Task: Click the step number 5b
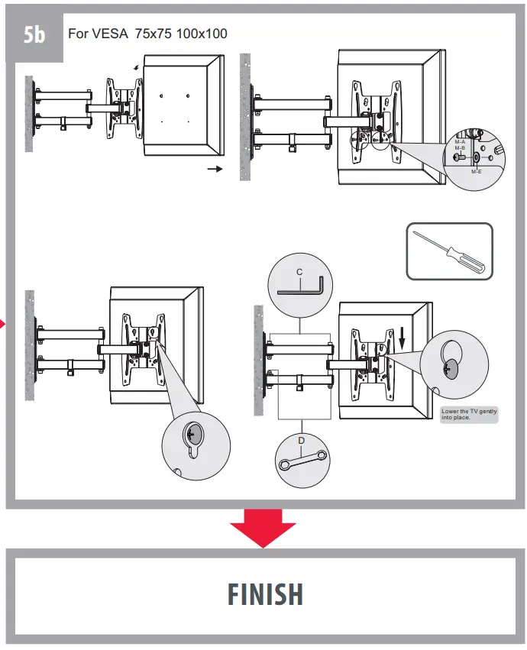pyautogui.click(x=34, y=36)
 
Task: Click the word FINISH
pyautogui.click(x=265, y=594)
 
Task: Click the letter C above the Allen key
pyautogui.click(x=299, y=272)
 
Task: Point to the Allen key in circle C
pyautogui.click(x=302, y=288)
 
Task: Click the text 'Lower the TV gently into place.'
pyautogui.click(x=469, y=415)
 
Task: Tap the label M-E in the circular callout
pyautogui.click(x=476, y=172)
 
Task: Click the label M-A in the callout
pyautogui.click(x=460, y=142)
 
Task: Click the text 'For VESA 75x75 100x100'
pyautogui.click(x=147, y=34)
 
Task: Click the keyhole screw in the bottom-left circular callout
pyautogui.click(x=191, y=435)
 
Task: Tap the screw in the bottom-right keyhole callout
pyautogui.click(x=448, y=368)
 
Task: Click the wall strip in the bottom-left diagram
pyautogui.click(x=30, y=344)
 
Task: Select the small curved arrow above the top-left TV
pyautogui.click(x=136, y=67)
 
